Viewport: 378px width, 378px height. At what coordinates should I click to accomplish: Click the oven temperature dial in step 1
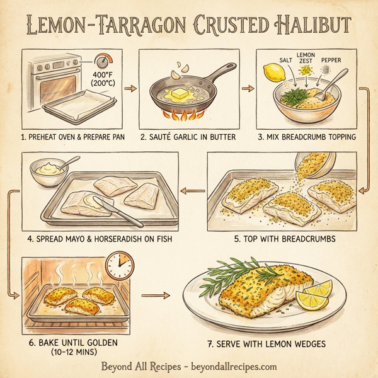click(x=101, y=62)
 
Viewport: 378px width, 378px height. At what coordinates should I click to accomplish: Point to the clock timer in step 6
click(x=119, y=268)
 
